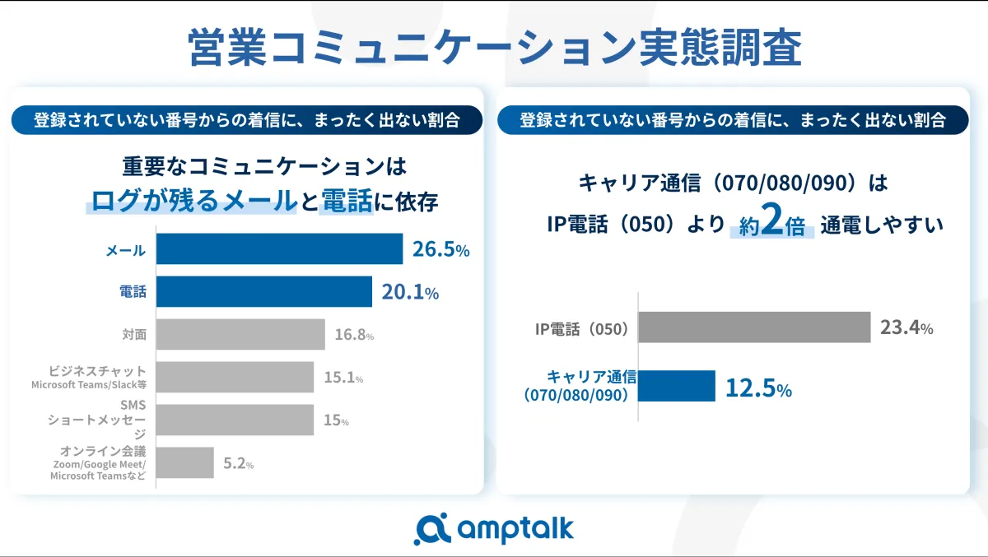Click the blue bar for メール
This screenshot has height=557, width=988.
[x=279, y=249]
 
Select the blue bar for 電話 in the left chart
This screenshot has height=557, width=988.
[x=263, y=291]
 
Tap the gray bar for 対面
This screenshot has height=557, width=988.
[x=240, y=335]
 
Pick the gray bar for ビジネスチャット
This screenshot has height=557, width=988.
[x=235, y=377]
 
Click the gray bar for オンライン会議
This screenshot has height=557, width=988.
[x=184, y=462]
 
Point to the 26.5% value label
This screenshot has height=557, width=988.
[x=440, y=249]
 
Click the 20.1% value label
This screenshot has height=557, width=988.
[x=409, y=291]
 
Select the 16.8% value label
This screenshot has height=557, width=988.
[x=354, y=335]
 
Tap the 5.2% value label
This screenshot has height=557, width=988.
[x=238, y=463]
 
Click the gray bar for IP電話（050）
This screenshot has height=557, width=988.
[x=754, y=327]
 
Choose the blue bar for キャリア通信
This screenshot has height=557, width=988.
[x=677, y=386]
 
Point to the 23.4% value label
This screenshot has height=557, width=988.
[x=906, y=327]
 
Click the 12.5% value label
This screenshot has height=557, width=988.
[x=757, y=388]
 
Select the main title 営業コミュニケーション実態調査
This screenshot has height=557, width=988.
[x=494, y=48]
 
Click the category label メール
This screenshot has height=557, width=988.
[x=125, y=250]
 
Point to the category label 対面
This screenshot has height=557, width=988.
[x=134, y=335]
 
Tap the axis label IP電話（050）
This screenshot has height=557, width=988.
[x=581, y=329]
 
